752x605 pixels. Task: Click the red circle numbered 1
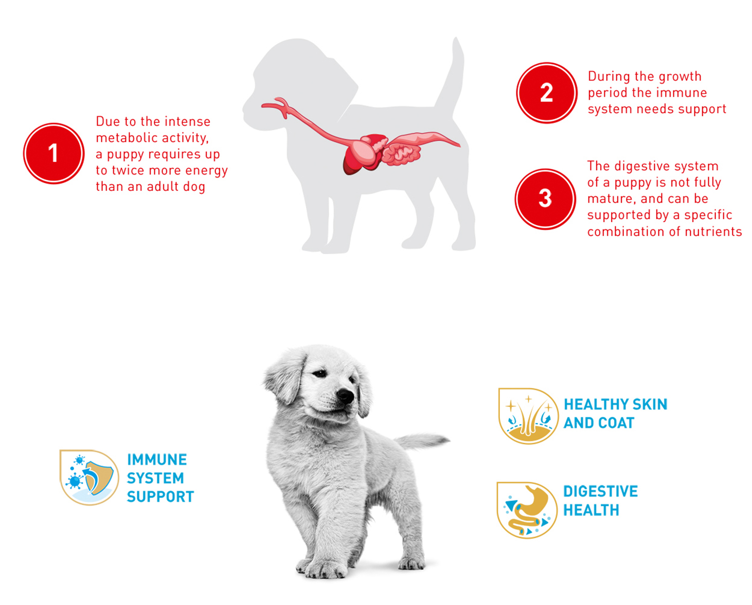[53, 153]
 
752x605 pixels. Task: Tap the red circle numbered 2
[547, 93]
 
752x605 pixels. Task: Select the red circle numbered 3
[545, 199]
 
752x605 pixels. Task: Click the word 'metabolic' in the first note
[128, 137]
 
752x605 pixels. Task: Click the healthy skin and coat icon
[528, 416]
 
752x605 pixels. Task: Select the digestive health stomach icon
[527, 510]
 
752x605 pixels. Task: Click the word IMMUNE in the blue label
[157, 459]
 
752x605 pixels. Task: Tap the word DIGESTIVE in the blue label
[600, 491]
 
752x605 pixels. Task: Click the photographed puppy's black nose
[345, 396]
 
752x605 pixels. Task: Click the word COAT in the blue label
[617, 423]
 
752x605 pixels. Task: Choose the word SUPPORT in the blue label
[160, 496]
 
